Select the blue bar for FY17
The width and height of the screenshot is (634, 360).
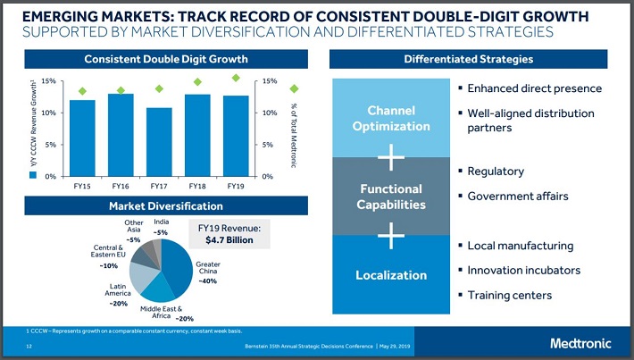[x=159, y=142]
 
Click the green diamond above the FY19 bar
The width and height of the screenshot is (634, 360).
[x=236, y=78]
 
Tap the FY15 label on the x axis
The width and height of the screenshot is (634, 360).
[x=82, y=186]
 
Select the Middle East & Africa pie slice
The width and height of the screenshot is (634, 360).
[x=158, y=289]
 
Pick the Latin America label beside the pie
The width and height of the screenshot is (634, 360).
[x=118, y=289]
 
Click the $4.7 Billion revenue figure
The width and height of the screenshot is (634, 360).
[x=229, y=240]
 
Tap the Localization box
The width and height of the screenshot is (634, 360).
[x=391, y=274]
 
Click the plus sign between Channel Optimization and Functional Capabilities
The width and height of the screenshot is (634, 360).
[x=391, y=157]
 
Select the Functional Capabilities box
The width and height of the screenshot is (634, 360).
[x=391, y=197]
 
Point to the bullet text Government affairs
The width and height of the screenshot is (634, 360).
[x=518, y=197]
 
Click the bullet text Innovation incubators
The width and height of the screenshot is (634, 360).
[x=523, y=270]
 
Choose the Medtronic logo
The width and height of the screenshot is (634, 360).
[x=580, y=343]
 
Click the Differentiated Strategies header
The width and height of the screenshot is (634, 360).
[x=468, y=59]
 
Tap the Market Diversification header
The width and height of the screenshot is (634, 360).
[x=166, y=205]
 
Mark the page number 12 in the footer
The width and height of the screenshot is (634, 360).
[x=29, y=347]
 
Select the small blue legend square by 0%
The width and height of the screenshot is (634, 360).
[x=33, y=175]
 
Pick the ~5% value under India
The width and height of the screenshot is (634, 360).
[x=161, y=232]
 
